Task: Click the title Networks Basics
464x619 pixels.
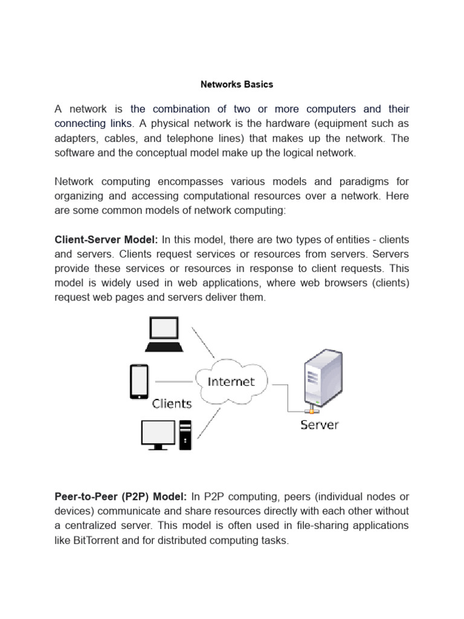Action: (237, 85)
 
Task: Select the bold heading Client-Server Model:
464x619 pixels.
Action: (106, 240)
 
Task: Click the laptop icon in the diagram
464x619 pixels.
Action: (164, 334)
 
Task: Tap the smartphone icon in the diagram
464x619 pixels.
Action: (139, 381)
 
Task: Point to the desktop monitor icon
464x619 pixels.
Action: (157, 434)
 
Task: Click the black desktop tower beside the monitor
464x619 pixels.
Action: (185, 435)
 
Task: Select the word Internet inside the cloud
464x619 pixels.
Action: (231, 381)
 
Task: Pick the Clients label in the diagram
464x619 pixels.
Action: (172, 404)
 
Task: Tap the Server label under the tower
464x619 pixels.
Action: (320, 424)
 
